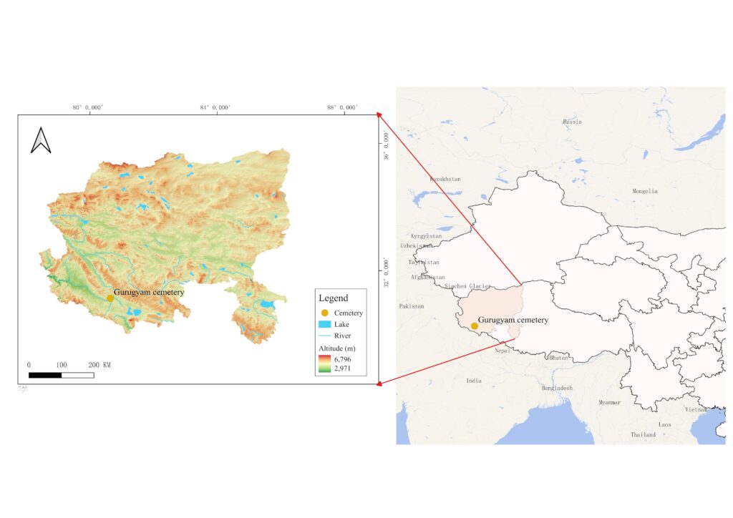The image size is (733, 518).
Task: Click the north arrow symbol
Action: pos(41,140)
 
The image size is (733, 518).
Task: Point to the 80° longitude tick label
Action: pos(89,107)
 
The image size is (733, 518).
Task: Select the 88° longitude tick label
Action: pos(341,107)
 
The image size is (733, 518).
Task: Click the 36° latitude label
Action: pos(387,147)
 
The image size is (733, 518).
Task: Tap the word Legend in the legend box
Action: pos(333,298)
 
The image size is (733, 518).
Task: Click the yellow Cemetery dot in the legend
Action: pos(324,313)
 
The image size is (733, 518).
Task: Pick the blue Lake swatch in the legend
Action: pos(324,324)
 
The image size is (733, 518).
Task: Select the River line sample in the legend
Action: pos(324,336)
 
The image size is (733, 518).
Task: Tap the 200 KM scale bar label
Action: pos(99,365)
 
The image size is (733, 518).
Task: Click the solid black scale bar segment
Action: pos(44,375)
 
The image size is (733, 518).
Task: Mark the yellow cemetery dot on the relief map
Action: pos(110,297)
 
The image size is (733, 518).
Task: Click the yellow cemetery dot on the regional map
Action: pos(474,326)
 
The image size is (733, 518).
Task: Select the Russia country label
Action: pos(572,122)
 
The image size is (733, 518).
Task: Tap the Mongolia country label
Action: pos(644,191)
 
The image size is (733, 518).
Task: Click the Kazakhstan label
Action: pos(445,178)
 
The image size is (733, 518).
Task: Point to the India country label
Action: pos(474,381)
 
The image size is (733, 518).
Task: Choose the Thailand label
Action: pos(643,434)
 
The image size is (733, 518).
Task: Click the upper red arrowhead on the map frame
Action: pos(379,114)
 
